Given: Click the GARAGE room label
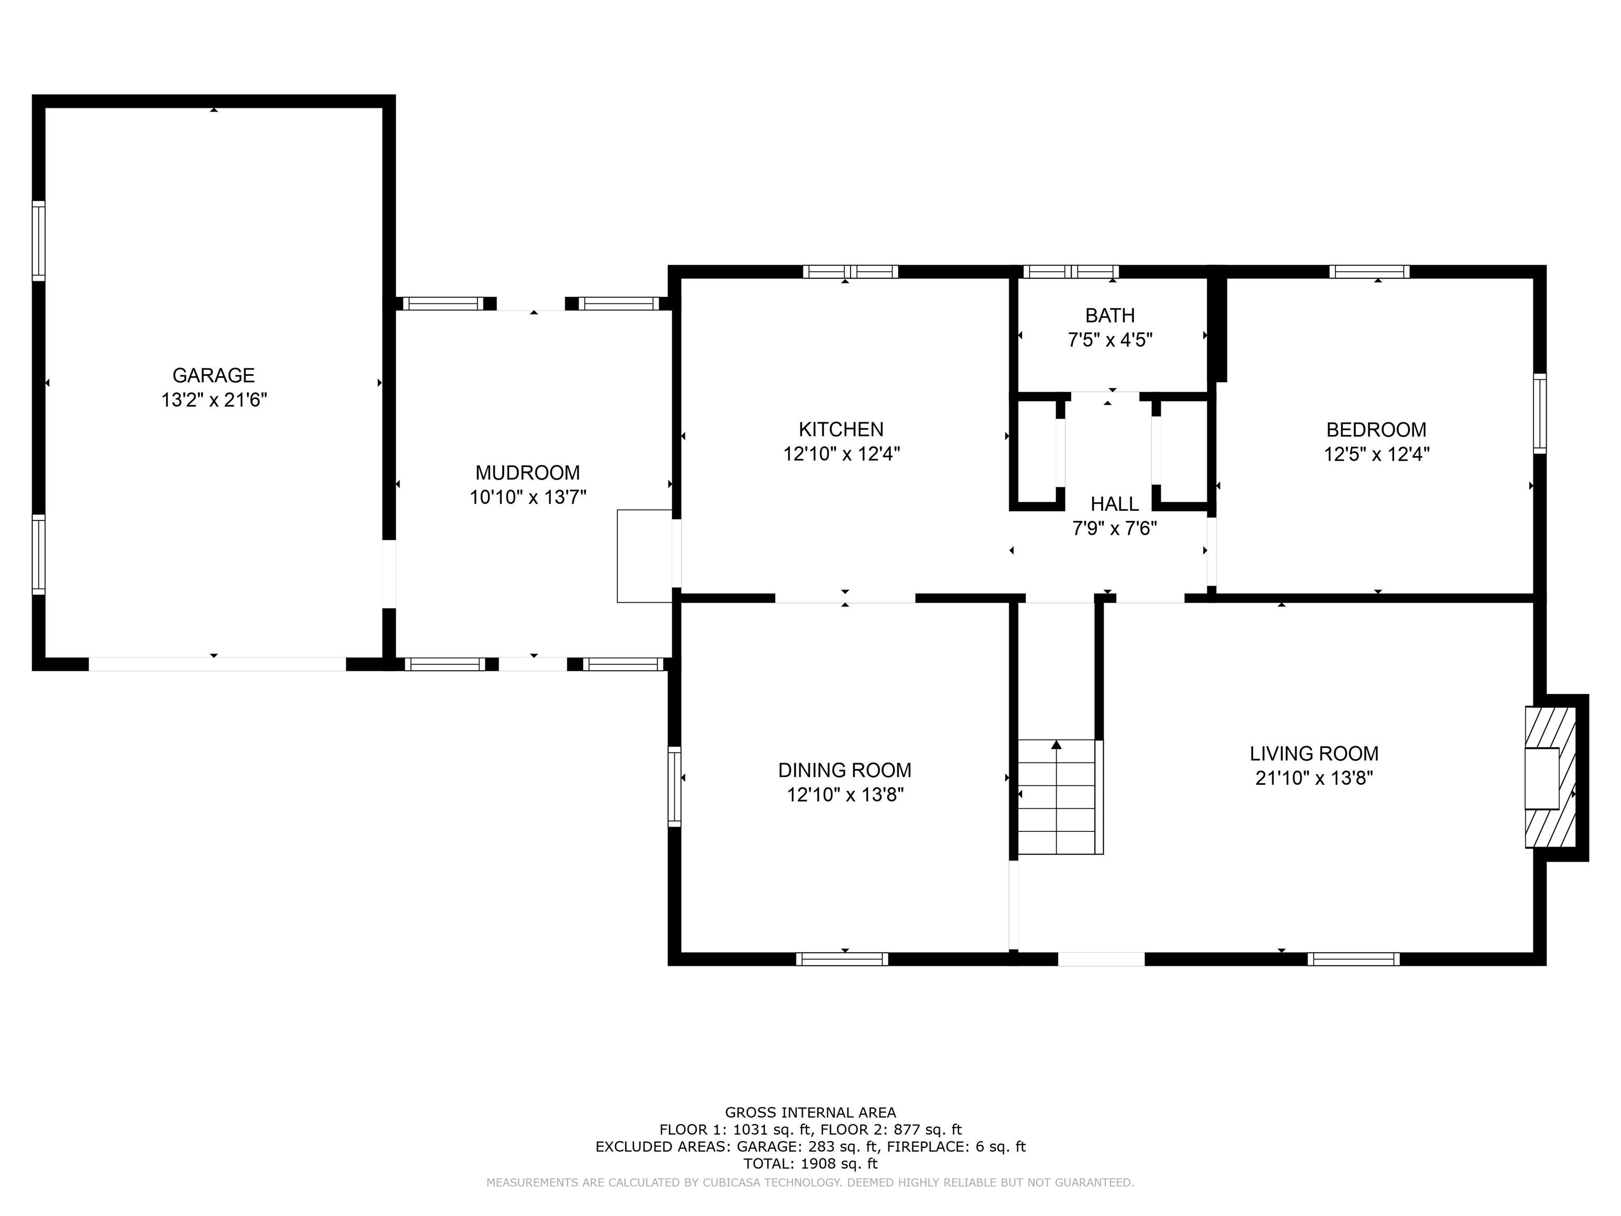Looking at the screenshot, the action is (x=213, y=375).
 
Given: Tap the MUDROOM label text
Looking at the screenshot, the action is (x=528, y=473).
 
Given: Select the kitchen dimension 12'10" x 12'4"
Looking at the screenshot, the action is (x=841, y=454).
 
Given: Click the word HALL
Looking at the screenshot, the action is (x=1114, y=503).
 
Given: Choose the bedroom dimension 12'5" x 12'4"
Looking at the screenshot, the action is (x=1376, y=454).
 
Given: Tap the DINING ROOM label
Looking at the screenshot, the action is (x=845, y=771).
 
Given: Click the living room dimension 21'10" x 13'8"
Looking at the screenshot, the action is (x=1314, y=778).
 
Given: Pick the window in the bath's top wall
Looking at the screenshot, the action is (x=1071, y=272).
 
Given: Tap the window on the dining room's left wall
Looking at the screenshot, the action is (x=674, y=786).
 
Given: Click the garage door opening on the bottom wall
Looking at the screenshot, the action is (x=217, y=664).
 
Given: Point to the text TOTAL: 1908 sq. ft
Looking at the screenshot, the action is (x=810, y=1163).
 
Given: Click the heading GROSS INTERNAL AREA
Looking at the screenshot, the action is (x=810, y=1113).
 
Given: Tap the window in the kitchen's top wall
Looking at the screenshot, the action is (x=850, y=272).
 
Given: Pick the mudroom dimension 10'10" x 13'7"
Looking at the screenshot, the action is (x=528, y=498).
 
